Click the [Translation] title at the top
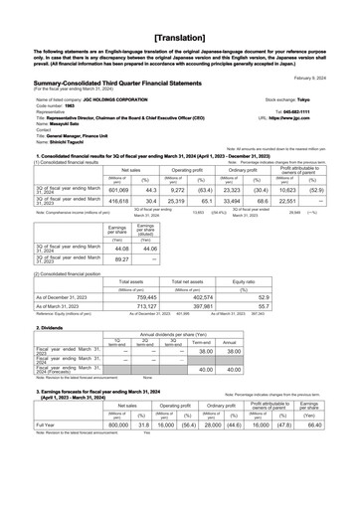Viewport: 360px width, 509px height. pos(180,20)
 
